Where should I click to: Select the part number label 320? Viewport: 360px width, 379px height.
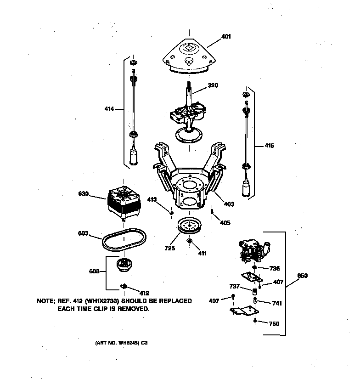click(x=213, y=85)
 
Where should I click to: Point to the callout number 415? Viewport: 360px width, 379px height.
click(x=269, y=146)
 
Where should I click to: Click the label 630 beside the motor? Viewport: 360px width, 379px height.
click(x=84, y=194)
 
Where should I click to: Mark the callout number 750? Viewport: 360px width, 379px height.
click(x=274, y=324)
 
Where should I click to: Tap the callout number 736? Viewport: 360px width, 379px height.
click(x=274, y=268)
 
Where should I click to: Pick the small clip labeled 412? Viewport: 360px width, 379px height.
click(x=124, y=286)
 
